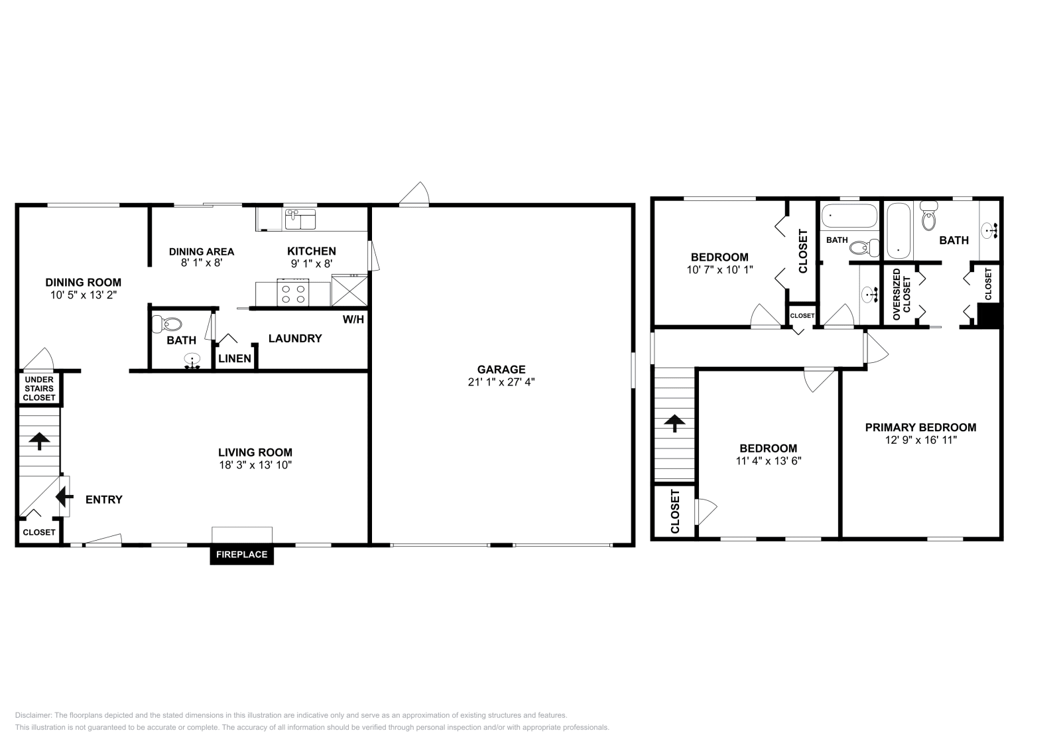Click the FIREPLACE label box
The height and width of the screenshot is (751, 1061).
[x=241, y=555]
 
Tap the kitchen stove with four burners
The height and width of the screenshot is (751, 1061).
[x=293, y=294]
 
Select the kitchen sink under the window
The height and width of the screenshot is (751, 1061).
[x=300, y=219]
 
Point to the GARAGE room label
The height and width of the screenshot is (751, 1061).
[x=501, y=370]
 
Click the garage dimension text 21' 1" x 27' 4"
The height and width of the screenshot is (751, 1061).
[x=501, y=382]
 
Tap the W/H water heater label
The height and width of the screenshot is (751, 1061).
[x=353, y=320]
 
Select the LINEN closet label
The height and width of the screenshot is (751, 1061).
[x=235, y=359]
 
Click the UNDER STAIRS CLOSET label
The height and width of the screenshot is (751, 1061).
[x=39, y=389]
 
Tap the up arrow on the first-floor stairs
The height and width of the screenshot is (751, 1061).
[x=39, y=441]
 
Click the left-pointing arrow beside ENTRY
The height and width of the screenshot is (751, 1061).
[x=64, y=496]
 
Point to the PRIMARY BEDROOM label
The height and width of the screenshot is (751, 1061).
[x=920, y=427]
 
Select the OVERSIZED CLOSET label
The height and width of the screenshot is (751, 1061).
[x=902, y=295]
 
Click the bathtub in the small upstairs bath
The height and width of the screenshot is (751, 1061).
[x=849, y=216]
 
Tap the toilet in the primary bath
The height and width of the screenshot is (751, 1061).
[x=928, y=220]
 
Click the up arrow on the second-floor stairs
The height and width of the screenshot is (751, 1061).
[x=674, y=423]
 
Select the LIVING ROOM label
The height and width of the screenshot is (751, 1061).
[x=255, y=452]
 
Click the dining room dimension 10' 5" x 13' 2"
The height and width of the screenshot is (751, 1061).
[x=83, y=295]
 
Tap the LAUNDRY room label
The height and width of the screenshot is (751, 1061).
[x=295, y=338]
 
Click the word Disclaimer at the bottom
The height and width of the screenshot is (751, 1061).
[x=32, y=715]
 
